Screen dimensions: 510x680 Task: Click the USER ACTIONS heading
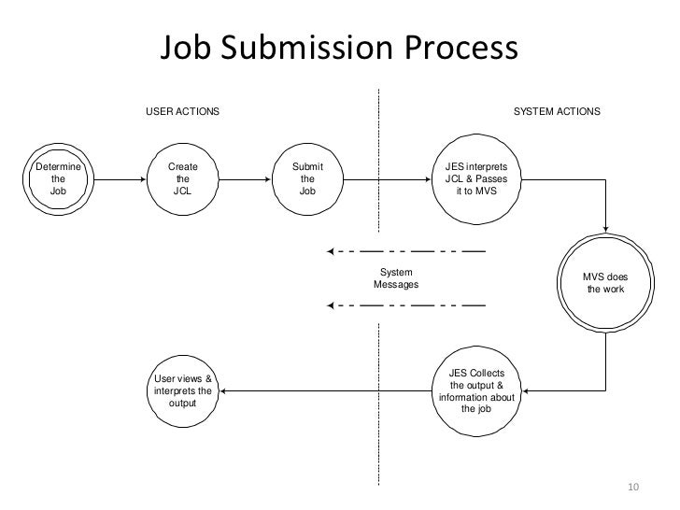pyautogui.click(x=182, y=112)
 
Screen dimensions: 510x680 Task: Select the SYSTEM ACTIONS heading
pyautogui.click(x=558, y=112)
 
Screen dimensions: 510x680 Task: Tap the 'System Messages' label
pyautogui.click(x=396, y=278)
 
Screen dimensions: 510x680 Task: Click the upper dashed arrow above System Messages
pyautogui.click(x=406, y=251)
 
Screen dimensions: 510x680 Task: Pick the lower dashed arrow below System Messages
pyautogui.click(x=406, y=305)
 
